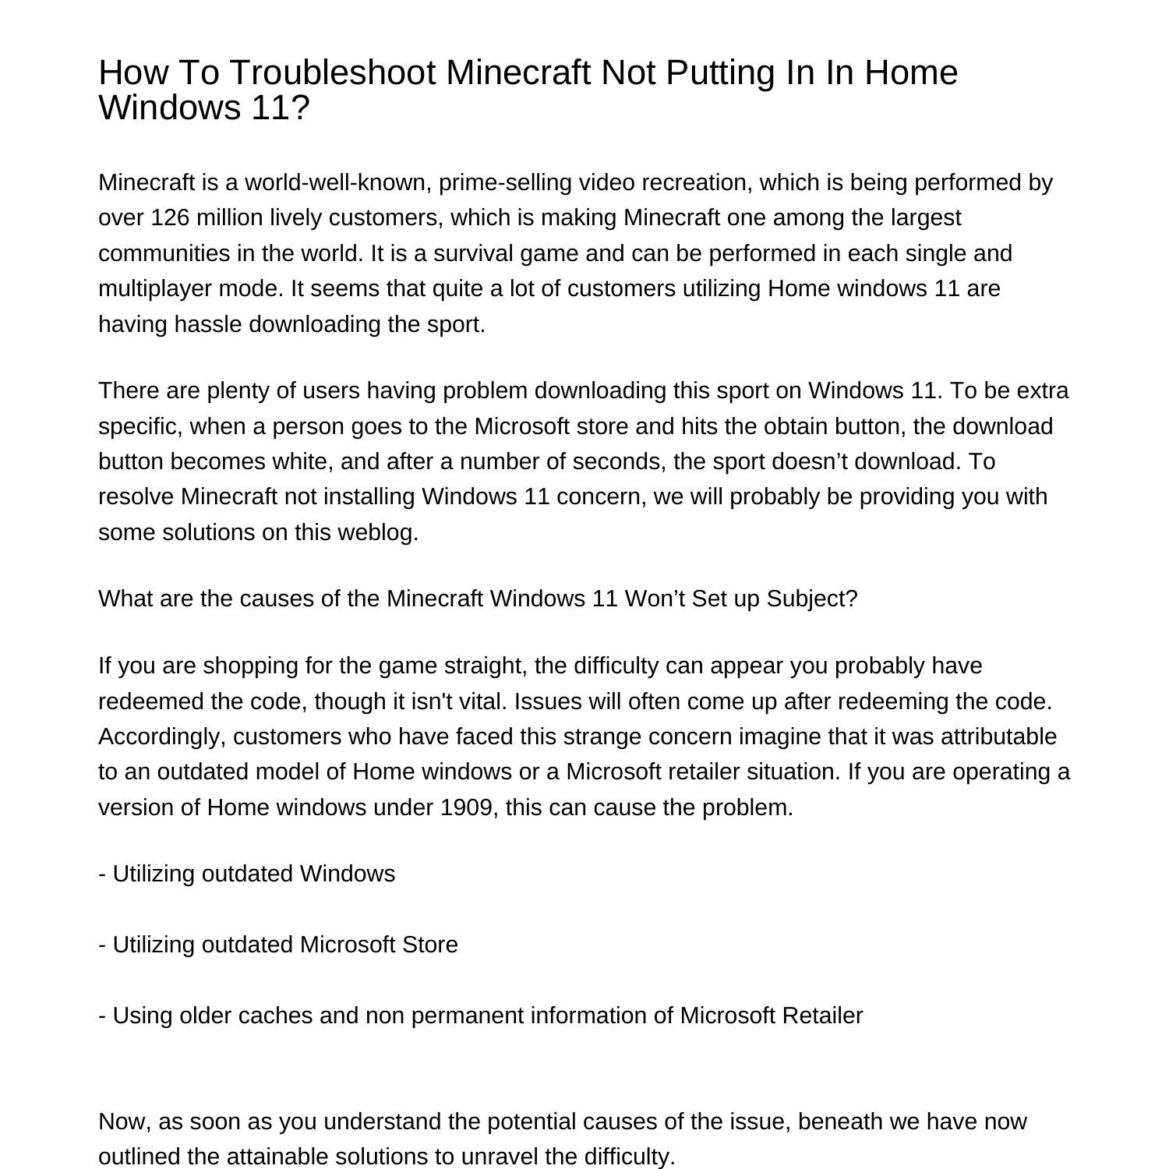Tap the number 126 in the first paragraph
170,217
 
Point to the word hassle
208,324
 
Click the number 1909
465,808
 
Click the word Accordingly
162,737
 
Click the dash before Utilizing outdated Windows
102,874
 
